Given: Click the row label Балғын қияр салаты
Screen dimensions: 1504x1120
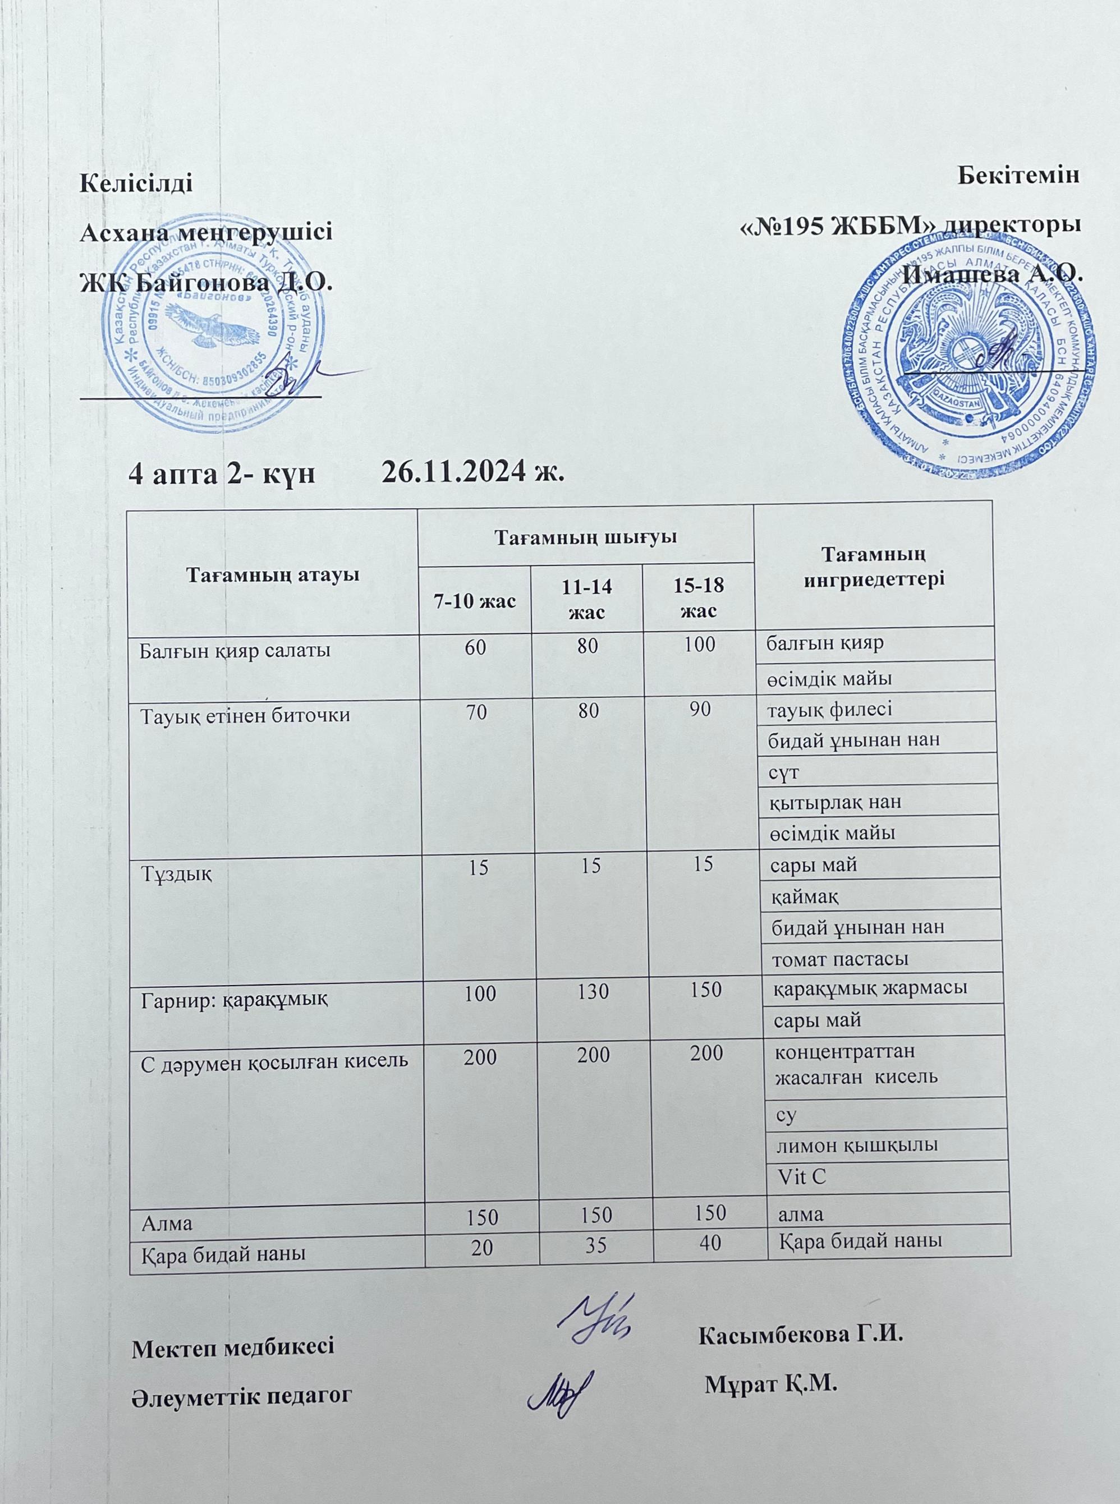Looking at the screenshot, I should coord(235,651).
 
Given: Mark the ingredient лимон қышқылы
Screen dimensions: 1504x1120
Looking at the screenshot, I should coord(856,1145).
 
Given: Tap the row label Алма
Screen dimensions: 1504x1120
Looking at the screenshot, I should coord(166,1224).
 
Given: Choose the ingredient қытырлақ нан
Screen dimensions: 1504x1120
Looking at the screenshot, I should coord(834,803).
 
